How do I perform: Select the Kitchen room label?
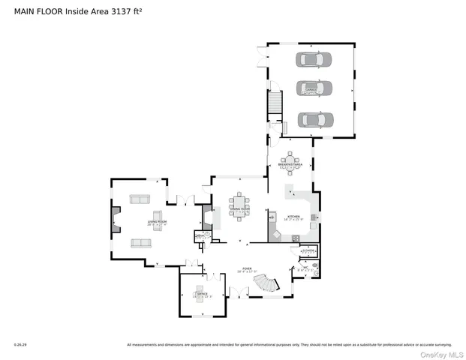click(293, 217)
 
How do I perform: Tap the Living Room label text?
click(136, 222)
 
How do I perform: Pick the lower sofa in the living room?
click(140, 242)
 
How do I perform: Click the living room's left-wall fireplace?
click(115, 220)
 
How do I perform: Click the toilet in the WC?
click(315, 265)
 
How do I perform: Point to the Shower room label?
click(308, 250)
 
